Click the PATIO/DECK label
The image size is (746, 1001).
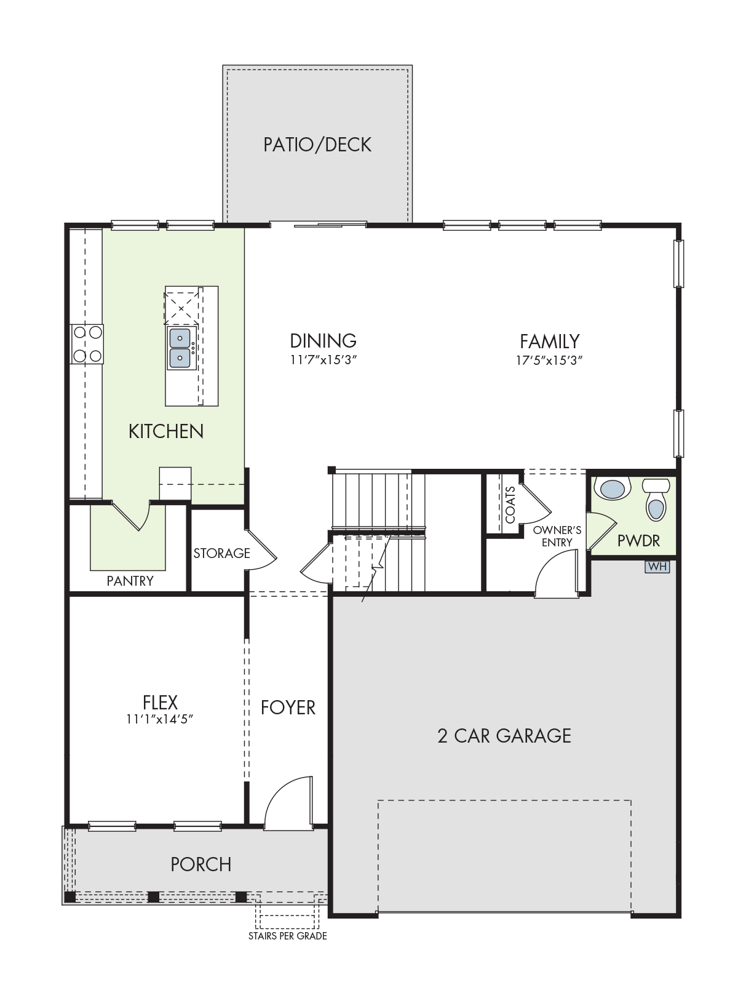point(317,145)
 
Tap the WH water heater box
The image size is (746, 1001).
point(657,567)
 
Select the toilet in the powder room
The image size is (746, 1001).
point(656,499)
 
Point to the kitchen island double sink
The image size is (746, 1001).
point(181,349)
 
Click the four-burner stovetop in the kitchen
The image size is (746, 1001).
point(87,345)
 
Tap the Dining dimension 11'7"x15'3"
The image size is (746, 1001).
point(323,361)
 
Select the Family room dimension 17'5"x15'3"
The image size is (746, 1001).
point(549,361)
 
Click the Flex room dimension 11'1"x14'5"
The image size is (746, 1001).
point(159,719)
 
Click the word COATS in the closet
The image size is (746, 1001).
point(510,505)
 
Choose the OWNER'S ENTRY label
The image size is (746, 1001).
point(557,536)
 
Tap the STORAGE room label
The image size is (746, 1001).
point(221,553)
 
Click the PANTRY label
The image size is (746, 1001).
point(130,581)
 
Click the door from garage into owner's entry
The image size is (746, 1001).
point(557,573)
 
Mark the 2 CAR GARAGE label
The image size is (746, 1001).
point(504,736)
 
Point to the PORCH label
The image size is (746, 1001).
point(201,864)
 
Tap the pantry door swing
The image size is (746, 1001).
point(131,516)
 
